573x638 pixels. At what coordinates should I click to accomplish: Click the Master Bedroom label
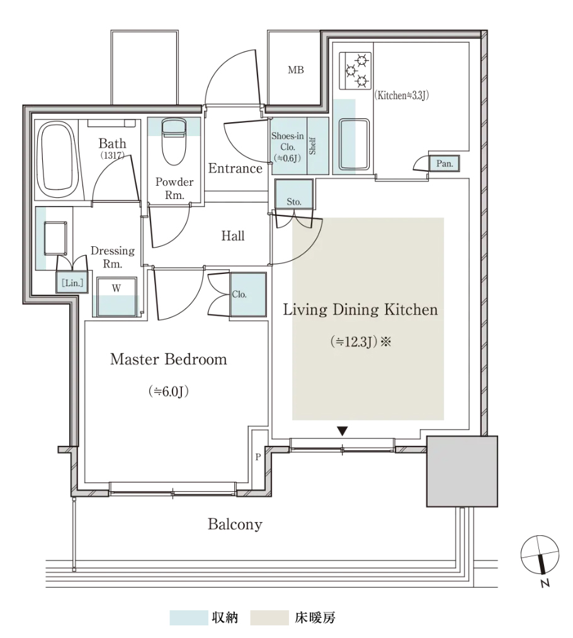(x=168, y=359)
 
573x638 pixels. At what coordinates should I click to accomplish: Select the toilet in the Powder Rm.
(x=174, y=141)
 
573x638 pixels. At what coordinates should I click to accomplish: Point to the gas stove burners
(x=356, y=71)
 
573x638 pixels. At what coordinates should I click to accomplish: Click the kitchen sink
(x=354, y=144)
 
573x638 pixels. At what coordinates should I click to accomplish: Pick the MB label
(x=296, y=70)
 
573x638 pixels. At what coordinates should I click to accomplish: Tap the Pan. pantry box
(x=445, y=164)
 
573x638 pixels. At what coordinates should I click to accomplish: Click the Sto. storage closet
(x=294, y=195)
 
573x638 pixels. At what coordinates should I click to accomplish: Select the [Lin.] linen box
(x=72, y=282)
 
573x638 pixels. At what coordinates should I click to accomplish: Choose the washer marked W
(x=116, y=297)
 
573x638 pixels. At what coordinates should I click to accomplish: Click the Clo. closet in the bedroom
(x=248, y=295)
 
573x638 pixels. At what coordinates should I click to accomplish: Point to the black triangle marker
(x=343, y=431)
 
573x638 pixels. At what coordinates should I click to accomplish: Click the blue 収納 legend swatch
(x=188, y=617)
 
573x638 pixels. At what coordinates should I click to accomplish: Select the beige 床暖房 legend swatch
(x=269, y=617)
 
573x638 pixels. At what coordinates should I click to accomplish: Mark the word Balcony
(x=235, y=524)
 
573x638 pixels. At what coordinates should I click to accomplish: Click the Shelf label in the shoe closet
(x=312, y=145)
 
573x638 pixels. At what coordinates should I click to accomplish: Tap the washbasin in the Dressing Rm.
(x=55, y=239)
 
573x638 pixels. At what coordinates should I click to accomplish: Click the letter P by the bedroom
(x=258, y=457)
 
